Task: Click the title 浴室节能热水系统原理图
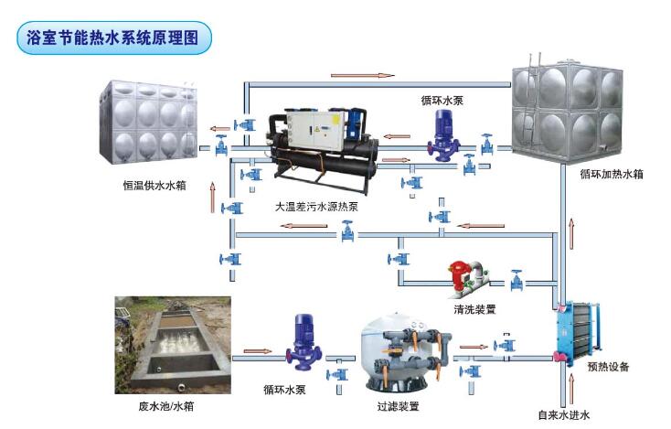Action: click(x=114, y=38)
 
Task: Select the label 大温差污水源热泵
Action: click(x=316, y=207)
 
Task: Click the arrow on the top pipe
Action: click(x=362, y=75)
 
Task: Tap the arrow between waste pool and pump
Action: click(x=258, y=349)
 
